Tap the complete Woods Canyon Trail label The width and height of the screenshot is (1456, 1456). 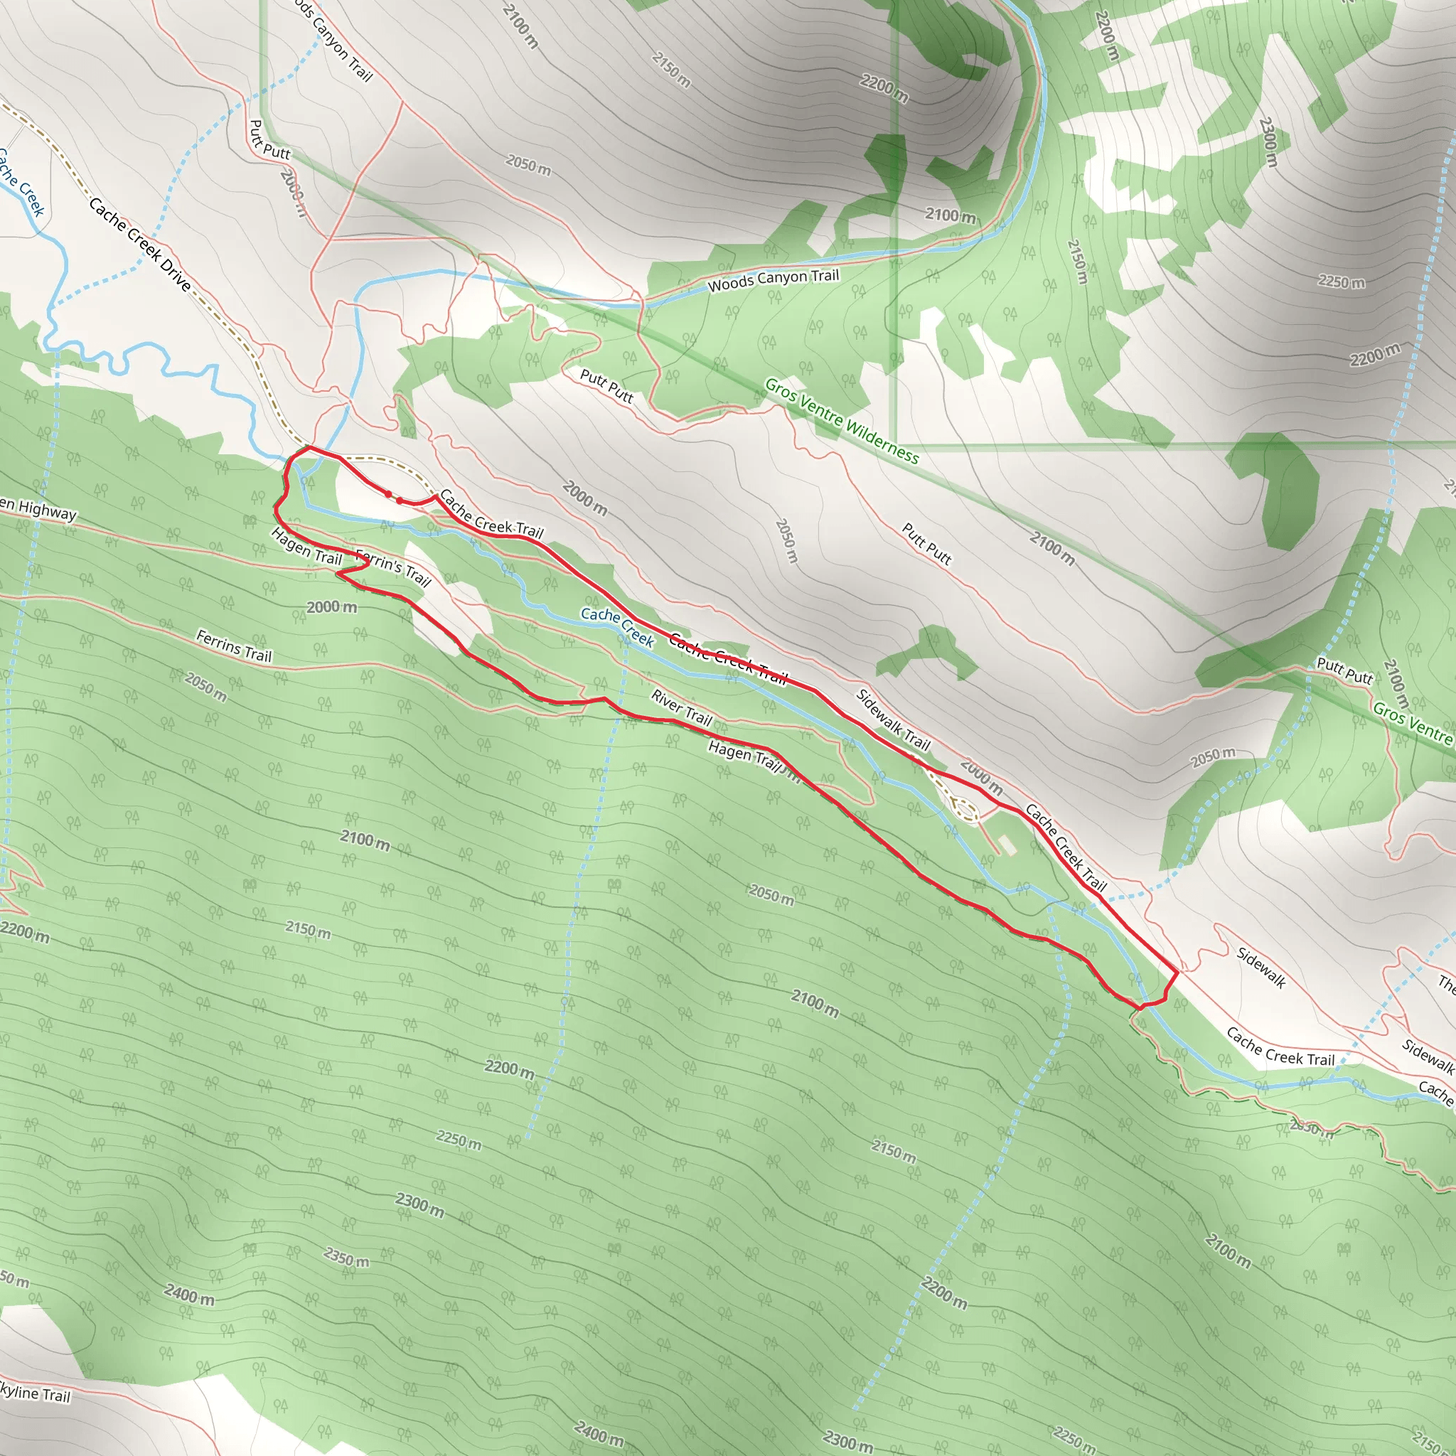tap(773, 280)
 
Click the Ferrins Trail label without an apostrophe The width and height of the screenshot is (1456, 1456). tap(234, 646)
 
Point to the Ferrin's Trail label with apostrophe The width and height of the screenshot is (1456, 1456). tap(393, 567)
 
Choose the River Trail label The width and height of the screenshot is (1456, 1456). tap(681, 707)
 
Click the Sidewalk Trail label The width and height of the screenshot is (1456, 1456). tap(894, 720)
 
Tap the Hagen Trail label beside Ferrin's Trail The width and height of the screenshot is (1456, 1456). tap(306, 547)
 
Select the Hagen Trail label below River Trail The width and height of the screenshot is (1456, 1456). tap(744, 756)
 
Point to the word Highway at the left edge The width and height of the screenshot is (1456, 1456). tap(47, 511)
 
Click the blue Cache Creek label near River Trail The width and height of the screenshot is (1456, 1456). tap(617, 626)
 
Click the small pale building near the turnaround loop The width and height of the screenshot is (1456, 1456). tap(1007, 845)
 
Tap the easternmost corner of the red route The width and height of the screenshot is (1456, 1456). tap(1177, 973)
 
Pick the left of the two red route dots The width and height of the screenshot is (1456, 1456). tap(388, 494)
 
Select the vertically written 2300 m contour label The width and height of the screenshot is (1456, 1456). tap(1268, 141)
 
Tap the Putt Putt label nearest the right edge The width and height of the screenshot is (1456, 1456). tap(1345, 669)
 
